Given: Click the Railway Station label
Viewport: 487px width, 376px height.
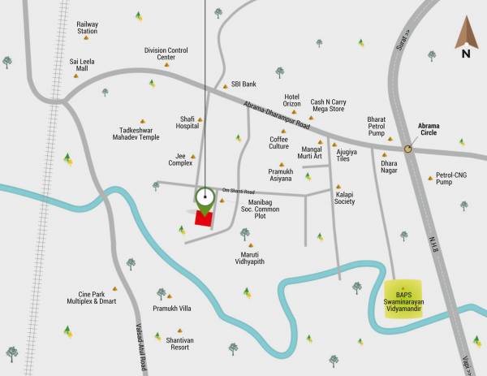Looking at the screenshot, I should [87, 28].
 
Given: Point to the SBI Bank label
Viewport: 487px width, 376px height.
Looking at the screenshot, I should [243, 84].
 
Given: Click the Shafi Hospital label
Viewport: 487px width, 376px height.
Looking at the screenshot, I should [187, 123].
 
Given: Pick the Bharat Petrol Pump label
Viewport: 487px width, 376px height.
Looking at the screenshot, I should [376, 126].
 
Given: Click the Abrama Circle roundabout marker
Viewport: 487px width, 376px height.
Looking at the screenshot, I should [408, 149].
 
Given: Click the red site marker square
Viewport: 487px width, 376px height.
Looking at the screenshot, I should [203, 217].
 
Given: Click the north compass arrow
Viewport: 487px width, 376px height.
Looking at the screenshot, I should [465, 37].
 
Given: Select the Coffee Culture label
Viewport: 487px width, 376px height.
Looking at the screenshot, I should [279, 142].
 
